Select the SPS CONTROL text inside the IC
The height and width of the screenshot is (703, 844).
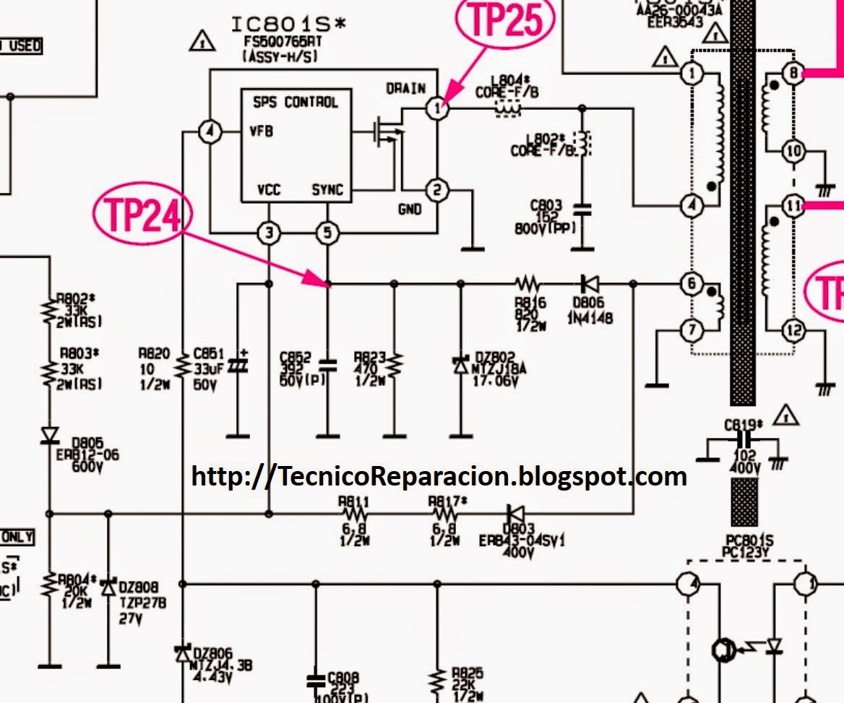pos(295,102)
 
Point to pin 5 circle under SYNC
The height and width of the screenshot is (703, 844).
pos(328,233)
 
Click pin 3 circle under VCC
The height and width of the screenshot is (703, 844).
pos(269,233)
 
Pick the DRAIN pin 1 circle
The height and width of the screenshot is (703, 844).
pos(436,109)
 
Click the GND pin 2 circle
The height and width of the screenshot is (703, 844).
pos(436,191)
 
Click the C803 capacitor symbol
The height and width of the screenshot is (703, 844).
pos(582,210)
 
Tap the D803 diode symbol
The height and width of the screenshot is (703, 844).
pos(514,514)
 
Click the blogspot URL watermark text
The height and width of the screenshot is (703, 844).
pos(439,475)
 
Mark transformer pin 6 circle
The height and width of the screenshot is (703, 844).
pos(692,284)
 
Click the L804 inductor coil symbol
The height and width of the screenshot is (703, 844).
pos(507,109)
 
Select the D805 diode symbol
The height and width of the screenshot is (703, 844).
pos(49,435)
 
